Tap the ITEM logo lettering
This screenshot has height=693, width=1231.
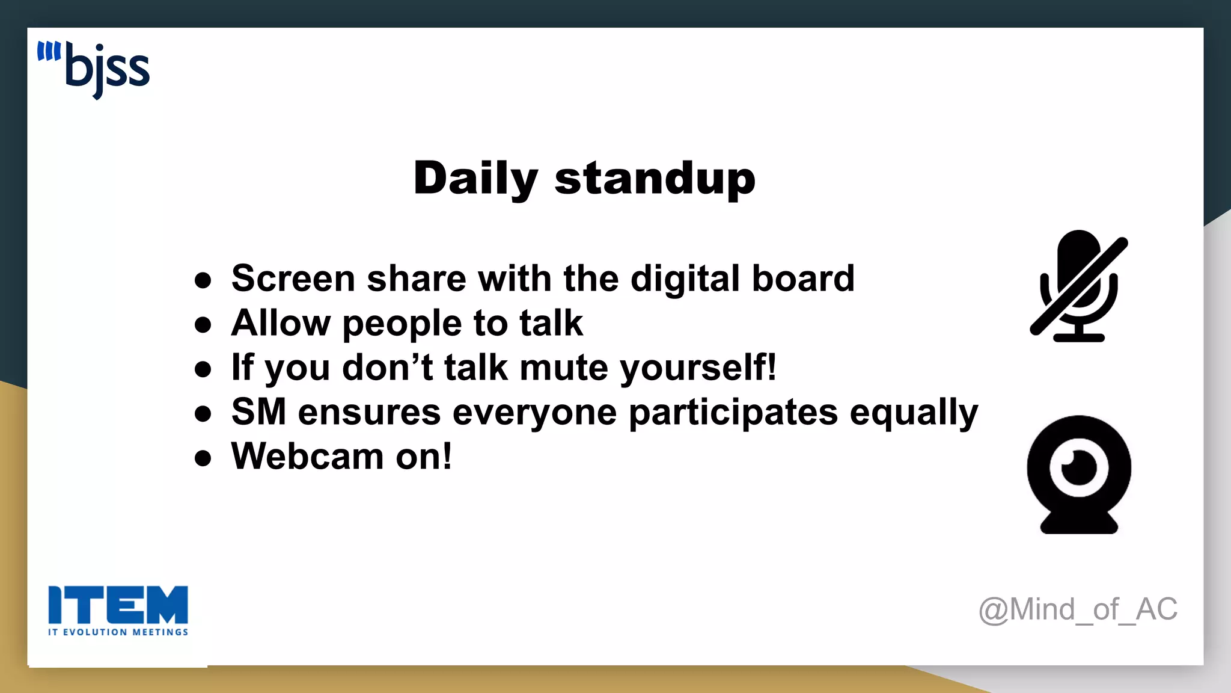[x=118, y=605]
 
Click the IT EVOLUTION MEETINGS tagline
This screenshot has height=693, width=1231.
[x=118, y=632]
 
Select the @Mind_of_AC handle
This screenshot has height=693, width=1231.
[x=1078, y=609]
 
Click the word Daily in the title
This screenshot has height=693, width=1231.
[x=475, y=179]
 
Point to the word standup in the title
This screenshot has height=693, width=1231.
[x=655, y=179]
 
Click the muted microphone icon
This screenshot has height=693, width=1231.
[x=1078, y=285]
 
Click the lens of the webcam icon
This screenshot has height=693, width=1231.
[x=1078, y=467]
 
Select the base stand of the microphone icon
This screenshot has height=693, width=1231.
[x=1078, y=337]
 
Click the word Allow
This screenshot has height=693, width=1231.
[x=281, y=323]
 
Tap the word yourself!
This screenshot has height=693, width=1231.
[x=698, y=368]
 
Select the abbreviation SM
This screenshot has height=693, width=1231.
[x=258, y=412]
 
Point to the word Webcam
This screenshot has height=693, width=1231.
[x=307, y=456]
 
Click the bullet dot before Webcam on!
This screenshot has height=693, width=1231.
[x=203, y=458]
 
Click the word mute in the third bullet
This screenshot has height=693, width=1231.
[x=564, y=368]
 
